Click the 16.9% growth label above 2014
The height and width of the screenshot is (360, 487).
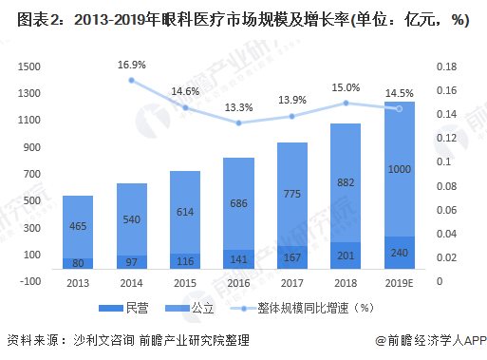[133, 66]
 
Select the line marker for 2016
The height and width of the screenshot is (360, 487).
[239, 123]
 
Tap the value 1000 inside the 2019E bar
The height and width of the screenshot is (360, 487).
[400, 168]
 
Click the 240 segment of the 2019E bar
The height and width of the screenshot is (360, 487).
[400, 254]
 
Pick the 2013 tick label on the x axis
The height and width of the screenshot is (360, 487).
[78, 282]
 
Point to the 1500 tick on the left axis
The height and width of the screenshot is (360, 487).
[29, 66]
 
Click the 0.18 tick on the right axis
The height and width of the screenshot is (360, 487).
[447, 66]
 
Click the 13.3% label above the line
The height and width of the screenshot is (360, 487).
[239, 106]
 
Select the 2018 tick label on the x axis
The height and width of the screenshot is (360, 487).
[347, 282]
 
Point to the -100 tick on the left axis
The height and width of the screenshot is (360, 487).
[28, 281]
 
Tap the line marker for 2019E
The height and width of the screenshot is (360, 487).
[400, 108]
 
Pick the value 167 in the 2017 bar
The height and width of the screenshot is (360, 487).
[293, 258]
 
